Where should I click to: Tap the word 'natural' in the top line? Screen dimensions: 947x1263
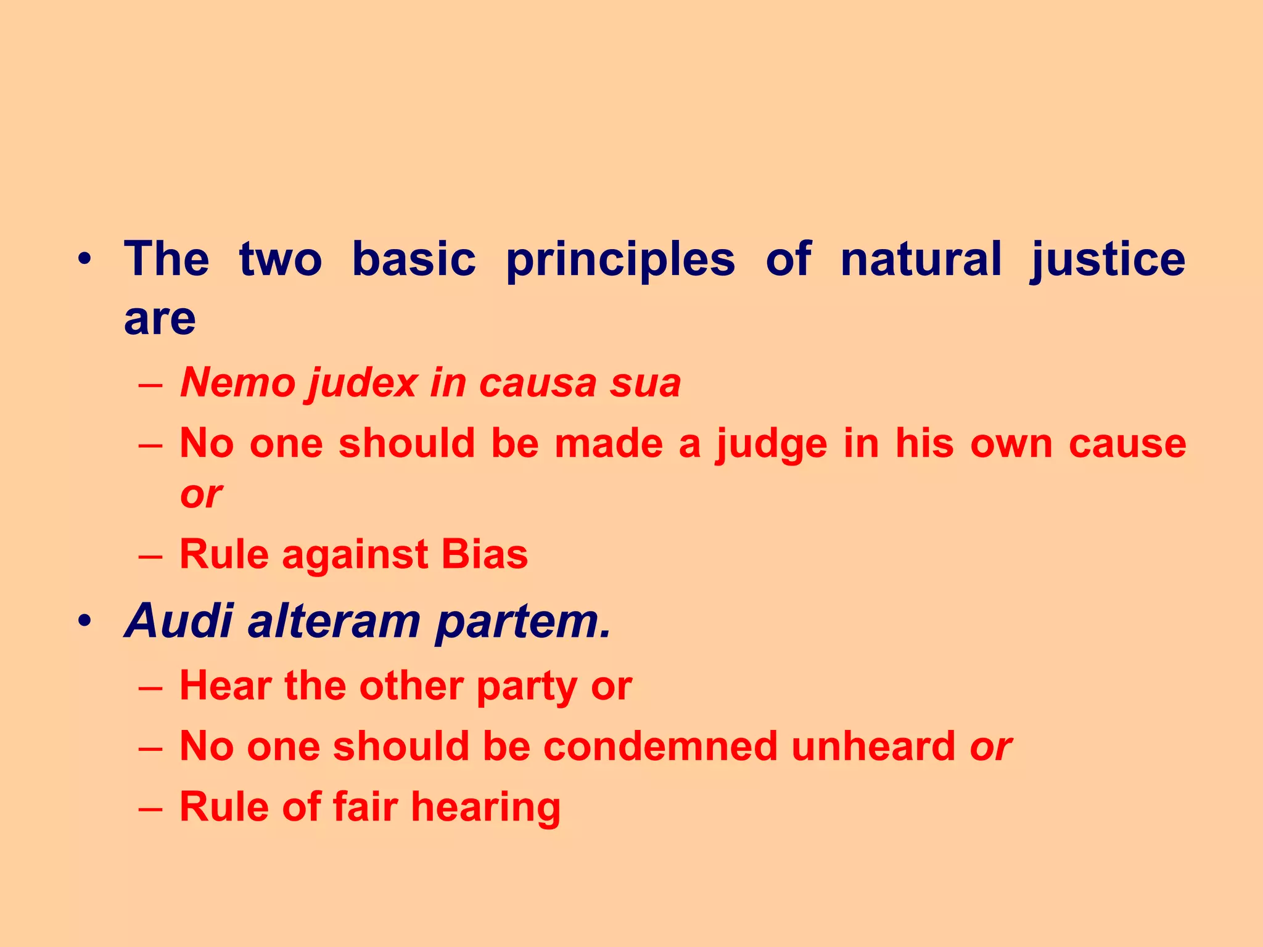click(x=921, y=259)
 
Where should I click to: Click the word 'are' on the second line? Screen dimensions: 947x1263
click(x=160, y=319)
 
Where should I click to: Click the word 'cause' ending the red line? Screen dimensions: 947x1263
click(x=1127, y=444)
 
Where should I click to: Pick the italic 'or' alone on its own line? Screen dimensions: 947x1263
click(x=200, y=494)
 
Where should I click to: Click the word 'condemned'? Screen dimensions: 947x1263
click(x=660, y=746)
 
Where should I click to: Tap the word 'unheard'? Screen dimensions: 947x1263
click(x=873, y=746)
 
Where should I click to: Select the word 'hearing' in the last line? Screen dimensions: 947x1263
click(x=486, y=808)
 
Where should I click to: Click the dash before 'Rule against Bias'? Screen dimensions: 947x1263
click(x=150, y=555)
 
